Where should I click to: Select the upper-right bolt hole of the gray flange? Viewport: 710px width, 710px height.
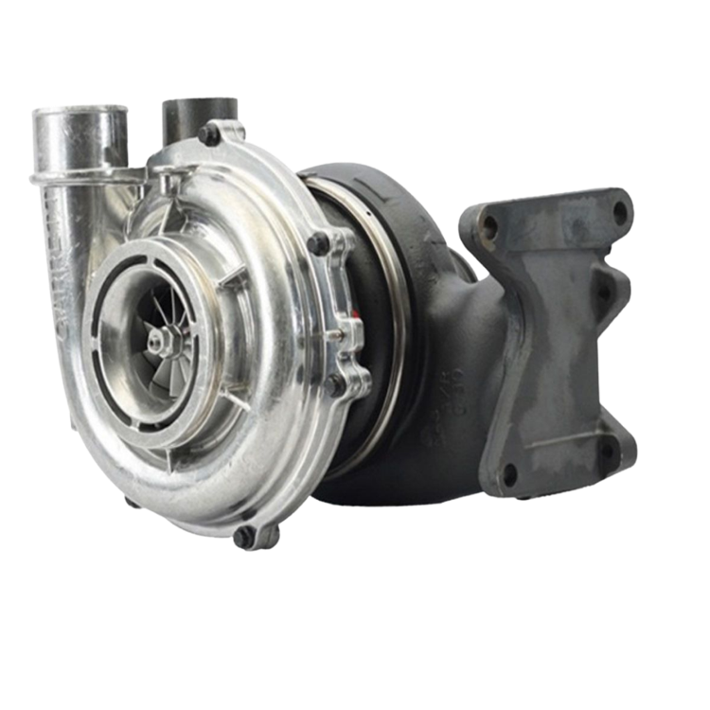pos(620,206)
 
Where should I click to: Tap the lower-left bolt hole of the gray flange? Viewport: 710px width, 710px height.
pos(508,470)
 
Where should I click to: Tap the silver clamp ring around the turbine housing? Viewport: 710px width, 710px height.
pos(388,312)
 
